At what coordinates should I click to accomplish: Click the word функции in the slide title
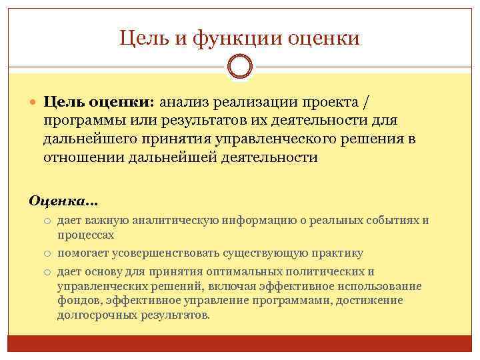tap(239, 39)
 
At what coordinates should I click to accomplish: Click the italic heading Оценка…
tap(63, 200)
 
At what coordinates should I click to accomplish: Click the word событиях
tap(393, 220)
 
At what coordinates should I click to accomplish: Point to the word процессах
tap(86, 235)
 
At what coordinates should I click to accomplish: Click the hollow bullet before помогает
tap(49, 253)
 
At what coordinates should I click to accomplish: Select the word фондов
tap(77, 301)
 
